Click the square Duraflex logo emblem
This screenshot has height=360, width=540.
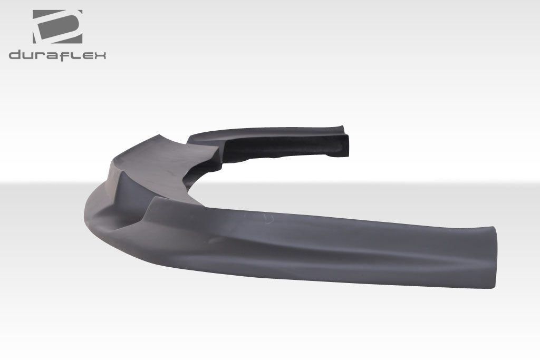pyautogui.click(x=57, y=26)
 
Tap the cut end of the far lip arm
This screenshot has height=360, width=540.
pyautogui.click(x=342, y=145)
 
